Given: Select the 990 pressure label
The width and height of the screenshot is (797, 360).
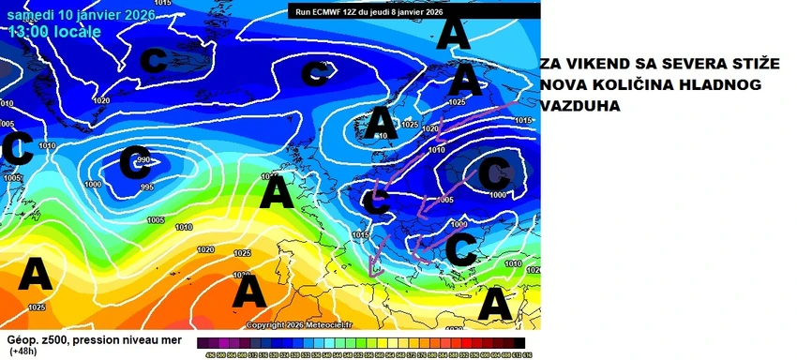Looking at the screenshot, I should pyautogui.click(x=143, y=160).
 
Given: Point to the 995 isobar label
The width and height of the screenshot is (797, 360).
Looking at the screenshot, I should pyautogui.click(x=147, y=187).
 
